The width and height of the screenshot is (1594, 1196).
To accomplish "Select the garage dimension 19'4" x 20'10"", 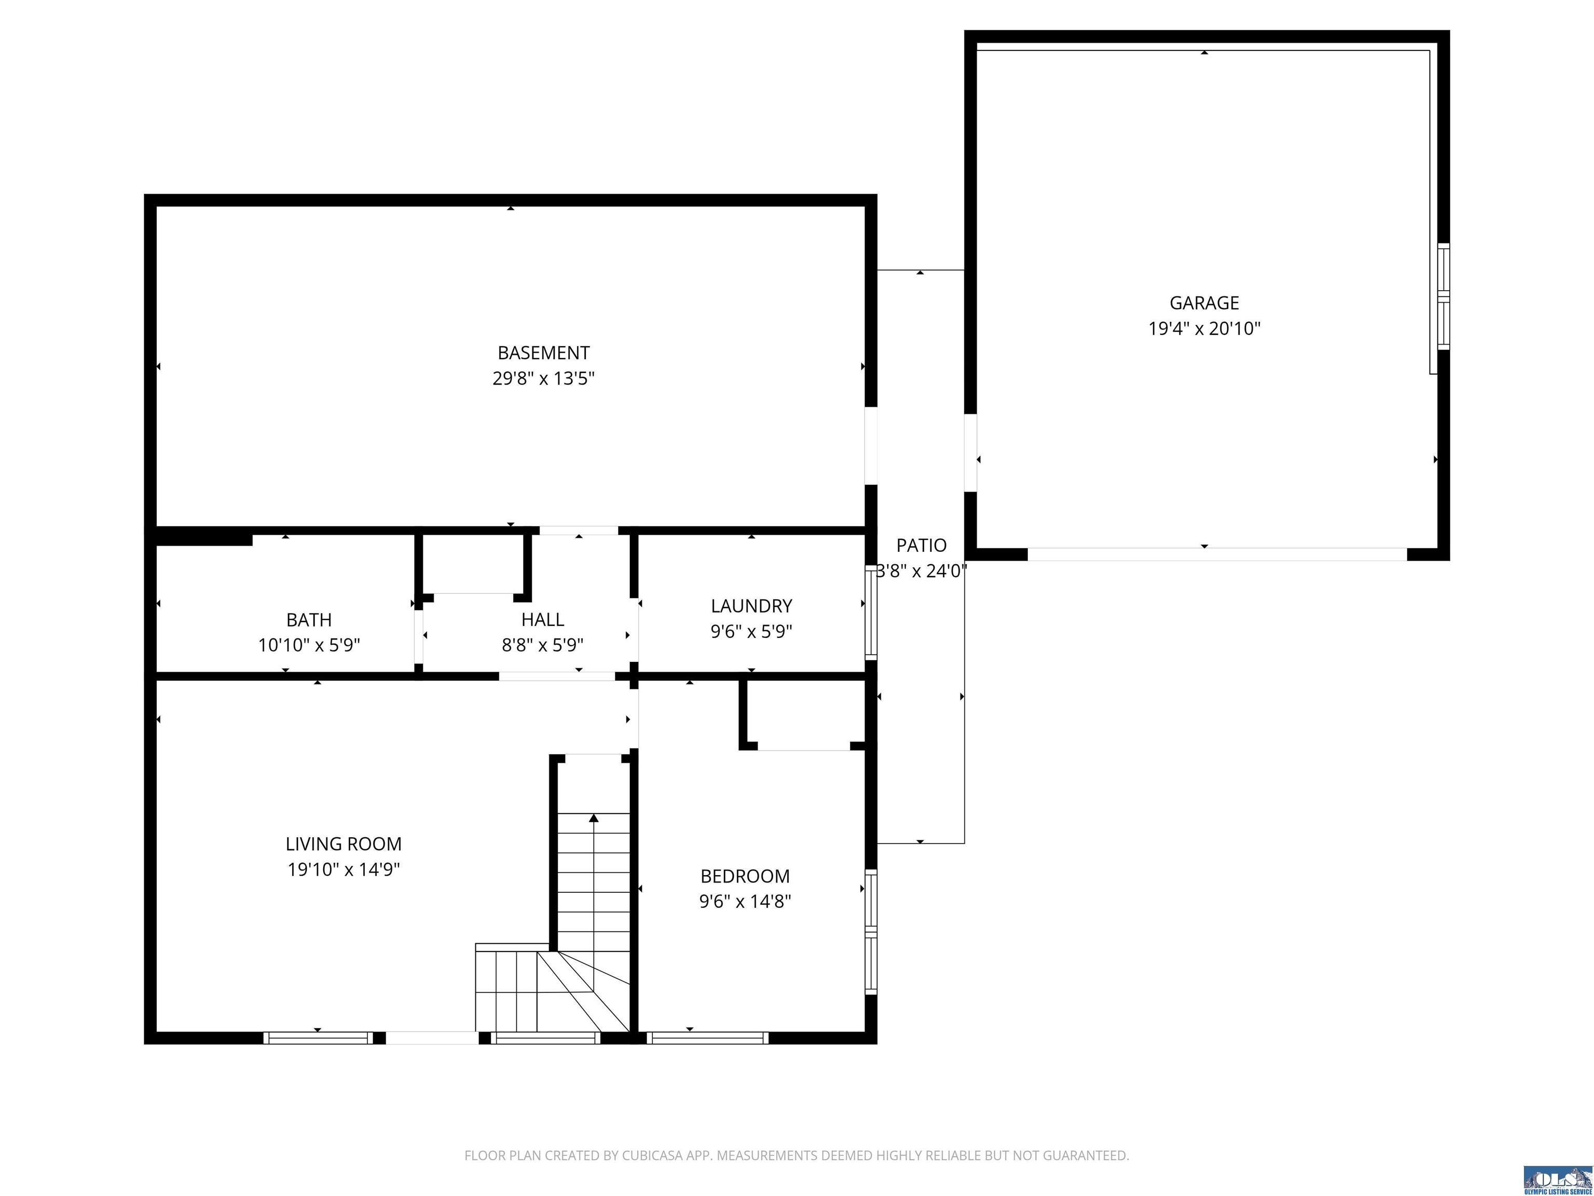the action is (x=1204, y=329).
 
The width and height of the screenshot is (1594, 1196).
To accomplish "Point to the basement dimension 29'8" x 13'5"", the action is (x=543, y=378).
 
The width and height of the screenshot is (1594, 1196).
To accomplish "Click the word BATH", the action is (x=309, y=620).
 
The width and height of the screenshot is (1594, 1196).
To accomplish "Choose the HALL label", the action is (x=543, y=620).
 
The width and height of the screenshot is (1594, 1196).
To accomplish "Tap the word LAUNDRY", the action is (x=752, y=606).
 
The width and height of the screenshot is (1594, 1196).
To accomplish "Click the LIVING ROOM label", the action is (x=343, y=844).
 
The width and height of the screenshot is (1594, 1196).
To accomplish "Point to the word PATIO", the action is (x=922, y=546).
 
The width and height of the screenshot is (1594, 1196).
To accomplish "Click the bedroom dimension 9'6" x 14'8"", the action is (x=745, y=901).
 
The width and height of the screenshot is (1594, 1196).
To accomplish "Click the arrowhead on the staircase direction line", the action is (x=594, y=818).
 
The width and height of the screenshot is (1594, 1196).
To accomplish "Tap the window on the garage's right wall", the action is (x=1444, y=296).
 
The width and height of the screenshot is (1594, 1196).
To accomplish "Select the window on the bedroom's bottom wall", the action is (x=708, y=1038).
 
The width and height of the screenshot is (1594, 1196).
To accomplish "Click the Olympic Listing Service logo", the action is (x=1557, y=1179).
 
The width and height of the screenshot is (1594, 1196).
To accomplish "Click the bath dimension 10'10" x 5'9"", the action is (x=309, y=645).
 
